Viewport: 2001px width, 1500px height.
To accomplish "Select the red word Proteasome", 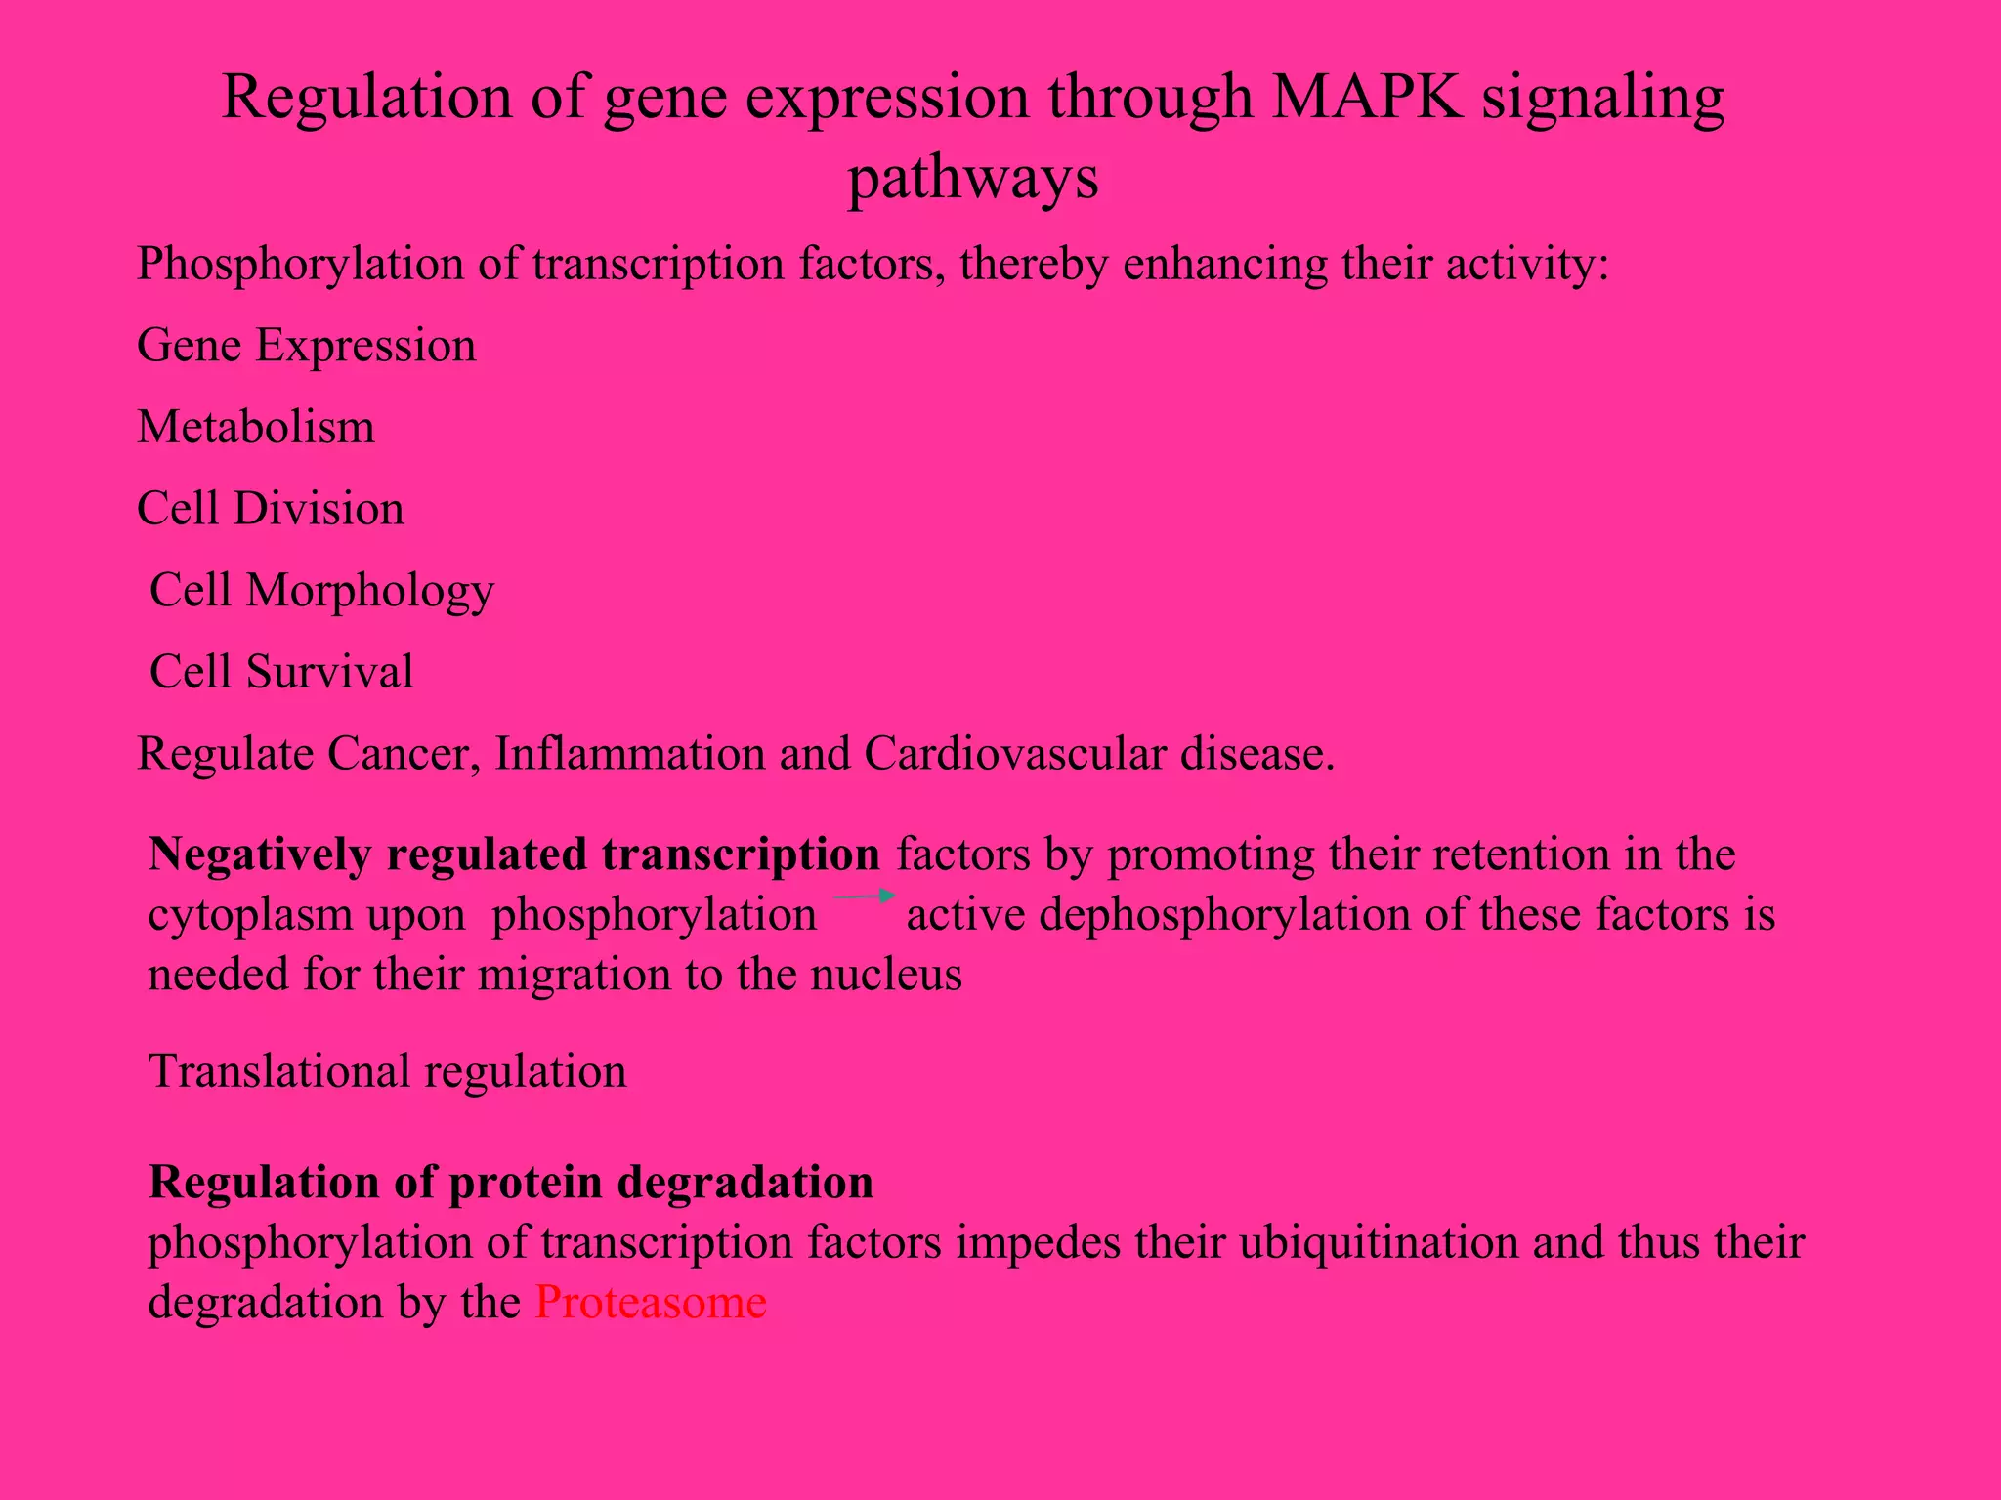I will tap(650, 1302).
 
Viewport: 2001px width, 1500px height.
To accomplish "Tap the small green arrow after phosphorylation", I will tap(864, 896).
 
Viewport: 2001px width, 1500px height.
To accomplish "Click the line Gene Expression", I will tap(306, 346).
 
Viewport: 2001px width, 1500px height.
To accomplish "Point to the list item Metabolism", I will tap(255, 428).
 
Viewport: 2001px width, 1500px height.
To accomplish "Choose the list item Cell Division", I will tap(270, 509).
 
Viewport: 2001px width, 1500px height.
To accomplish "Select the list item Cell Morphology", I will tap(321, 591).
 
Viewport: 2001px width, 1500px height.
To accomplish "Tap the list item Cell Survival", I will tap(281, 672).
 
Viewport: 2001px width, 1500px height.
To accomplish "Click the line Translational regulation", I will tap(387, 1071).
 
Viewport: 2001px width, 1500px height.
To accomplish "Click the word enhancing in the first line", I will tap(1225, 265).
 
